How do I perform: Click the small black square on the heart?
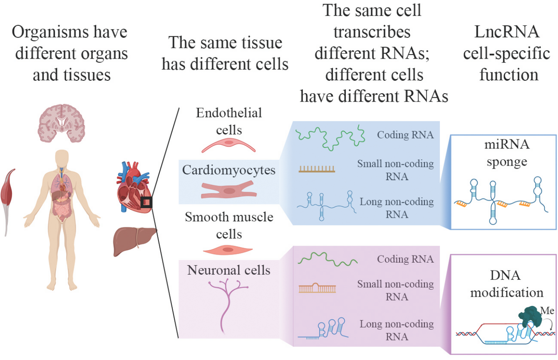[x=147, y=202]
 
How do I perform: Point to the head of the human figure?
[x=62, y=158]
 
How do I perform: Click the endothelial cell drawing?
[x=229, y=145]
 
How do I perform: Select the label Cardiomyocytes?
[x=228, y=170]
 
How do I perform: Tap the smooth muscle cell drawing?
[x=228, y=250]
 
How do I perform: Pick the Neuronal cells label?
[x=229, y=270]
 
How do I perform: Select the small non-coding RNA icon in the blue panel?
[x=317, y=169]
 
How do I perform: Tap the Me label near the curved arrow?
[x=549, y=310]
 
